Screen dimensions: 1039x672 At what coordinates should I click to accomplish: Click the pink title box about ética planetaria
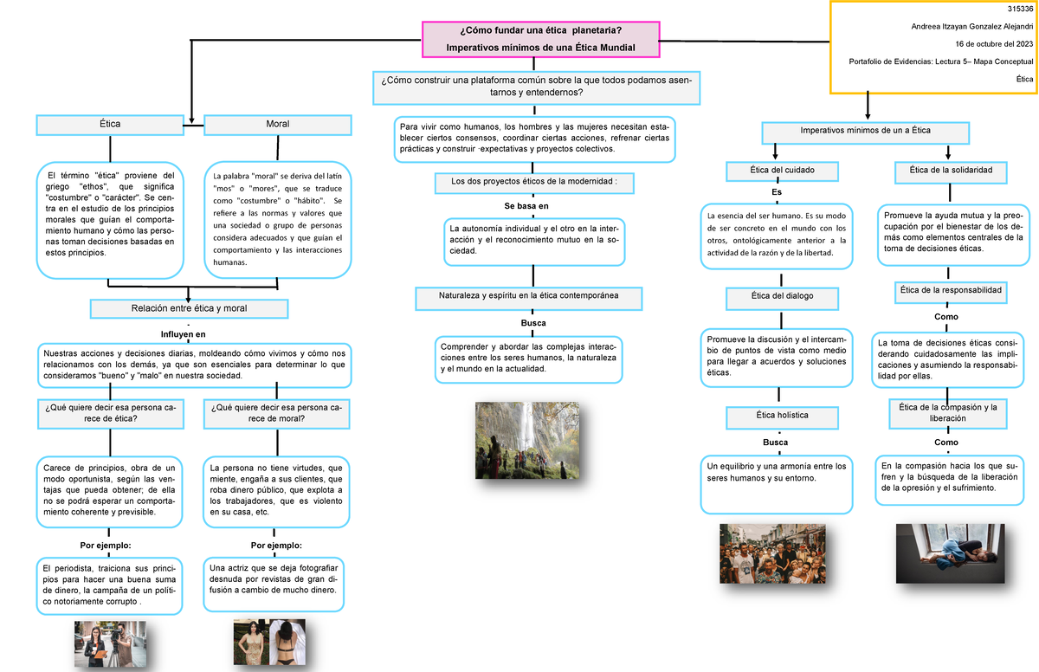[x=541, y=40]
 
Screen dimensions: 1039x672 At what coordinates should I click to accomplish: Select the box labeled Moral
[x=278, y=125]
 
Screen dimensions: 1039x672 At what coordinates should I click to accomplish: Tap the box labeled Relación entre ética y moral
[x=190, y=309]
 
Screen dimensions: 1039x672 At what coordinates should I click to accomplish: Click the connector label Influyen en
[x=184, y=334]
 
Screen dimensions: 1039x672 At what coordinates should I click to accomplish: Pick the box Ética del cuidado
[x=783, y=171]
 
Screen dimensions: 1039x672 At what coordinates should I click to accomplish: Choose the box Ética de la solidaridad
[x=951, y=172]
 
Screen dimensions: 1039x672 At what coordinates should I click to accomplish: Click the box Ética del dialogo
[x=783, y=298]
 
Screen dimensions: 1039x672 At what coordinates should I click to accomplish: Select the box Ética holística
[x=783, y=417]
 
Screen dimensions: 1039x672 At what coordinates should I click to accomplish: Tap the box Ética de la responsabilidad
[x=951, y=292]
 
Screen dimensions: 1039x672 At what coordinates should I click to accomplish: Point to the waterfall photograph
[x=527, y=440]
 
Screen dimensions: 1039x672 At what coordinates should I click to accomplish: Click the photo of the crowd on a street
[x=772, y=553]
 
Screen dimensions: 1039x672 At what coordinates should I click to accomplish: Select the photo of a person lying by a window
[x=951, y=553]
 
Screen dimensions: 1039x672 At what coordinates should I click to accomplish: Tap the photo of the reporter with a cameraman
[x=111, y=644]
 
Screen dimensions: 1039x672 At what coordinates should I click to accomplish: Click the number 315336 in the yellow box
[x=1021, y=9]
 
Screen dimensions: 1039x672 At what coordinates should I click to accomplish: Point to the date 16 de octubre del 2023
[x=994, y=44]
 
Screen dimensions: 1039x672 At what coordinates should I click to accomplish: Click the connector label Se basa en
[x=526, y=206]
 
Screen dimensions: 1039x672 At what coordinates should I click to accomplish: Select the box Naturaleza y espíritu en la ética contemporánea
[x=529, y=298]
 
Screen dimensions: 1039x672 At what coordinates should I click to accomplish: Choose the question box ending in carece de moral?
[x=276, y=414]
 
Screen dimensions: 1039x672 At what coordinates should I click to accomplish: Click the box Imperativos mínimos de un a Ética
[x=866, y=132]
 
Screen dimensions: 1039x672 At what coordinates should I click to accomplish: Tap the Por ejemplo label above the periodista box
[x=106, y=546]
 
